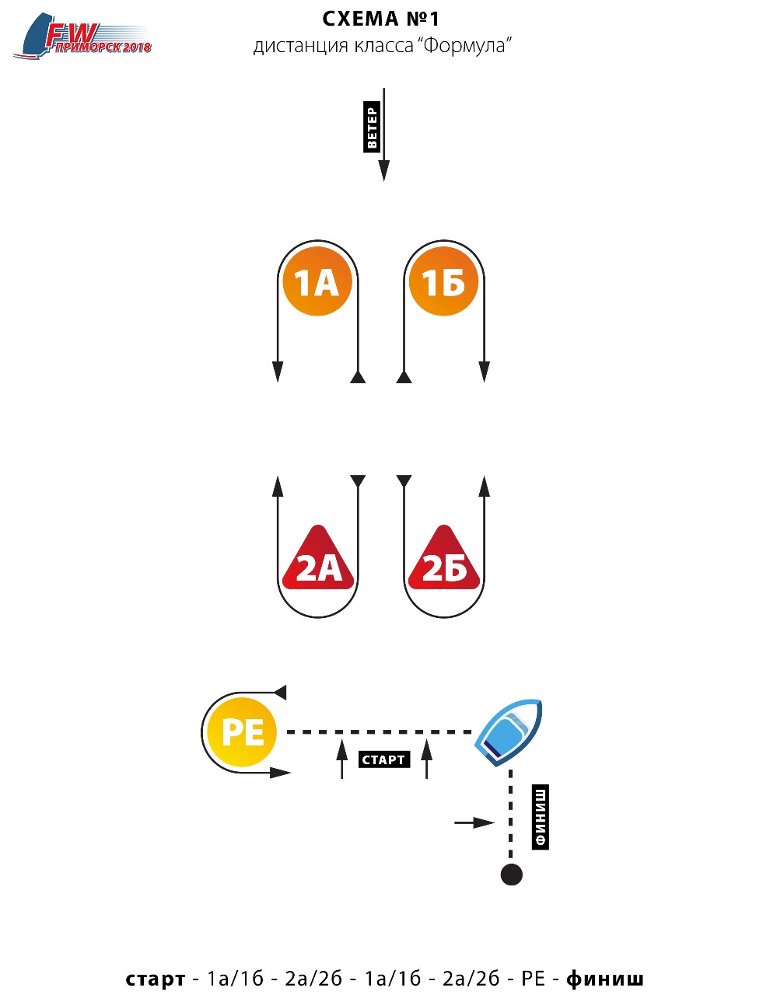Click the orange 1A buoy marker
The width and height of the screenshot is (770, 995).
[x=317, y=281]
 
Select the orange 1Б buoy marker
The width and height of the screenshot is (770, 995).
[x=443, y=281]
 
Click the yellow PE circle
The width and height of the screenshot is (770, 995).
[x=242, y=731]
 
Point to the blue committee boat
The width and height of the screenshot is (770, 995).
[x=509, y=731]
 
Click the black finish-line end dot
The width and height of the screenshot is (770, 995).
[x=511, y=875]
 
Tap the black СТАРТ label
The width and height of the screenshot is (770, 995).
[x=384, y=759]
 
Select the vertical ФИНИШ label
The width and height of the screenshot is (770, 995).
[x=541, y=817]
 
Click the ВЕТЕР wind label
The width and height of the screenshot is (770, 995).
[x=372, y=127]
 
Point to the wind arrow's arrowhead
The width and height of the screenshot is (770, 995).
[x=384, y=170]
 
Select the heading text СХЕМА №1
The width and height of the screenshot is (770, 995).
[x=380, y=19]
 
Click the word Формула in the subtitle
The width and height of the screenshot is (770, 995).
[x=464, y=46]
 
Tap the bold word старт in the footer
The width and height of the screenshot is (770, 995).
[x=156, y=979]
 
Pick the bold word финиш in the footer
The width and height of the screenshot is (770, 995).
[x=604, y=979]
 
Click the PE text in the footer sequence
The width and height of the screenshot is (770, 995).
[x=534, y=979]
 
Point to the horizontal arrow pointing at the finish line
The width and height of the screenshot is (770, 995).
[x=474, y=823]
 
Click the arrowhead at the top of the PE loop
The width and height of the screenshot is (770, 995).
[x=280, y=693]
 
